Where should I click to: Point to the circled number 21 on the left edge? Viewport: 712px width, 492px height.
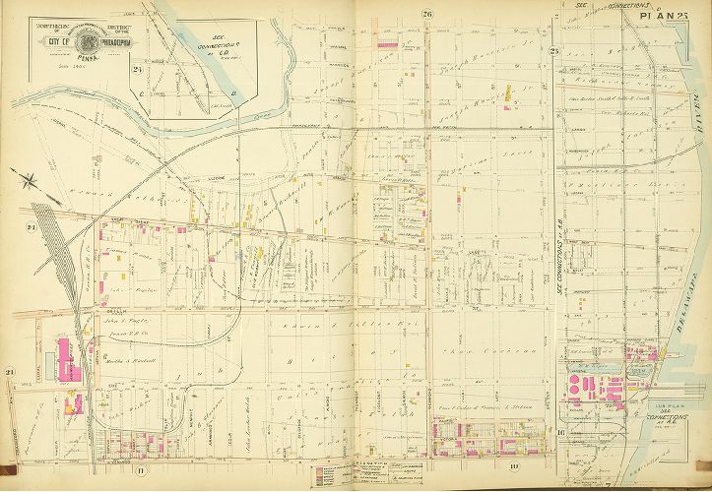9,371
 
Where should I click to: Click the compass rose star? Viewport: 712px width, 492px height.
32,180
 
